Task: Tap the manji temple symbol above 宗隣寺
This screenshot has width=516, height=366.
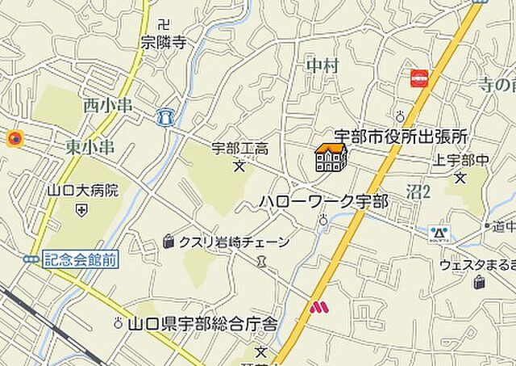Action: (x=164, y=25)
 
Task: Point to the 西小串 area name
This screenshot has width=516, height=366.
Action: (x=107, y=105)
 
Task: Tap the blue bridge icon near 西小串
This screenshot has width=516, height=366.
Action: (x=166, y=117)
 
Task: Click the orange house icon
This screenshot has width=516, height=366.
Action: (x=331, y=158)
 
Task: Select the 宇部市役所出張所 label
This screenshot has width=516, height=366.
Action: (x=402, y=138)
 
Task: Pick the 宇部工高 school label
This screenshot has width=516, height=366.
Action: (x=239, y=149)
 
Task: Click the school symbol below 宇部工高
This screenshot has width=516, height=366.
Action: (x=239, y=167)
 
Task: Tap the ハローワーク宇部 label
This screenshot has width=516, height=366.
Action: (x=323, y=201)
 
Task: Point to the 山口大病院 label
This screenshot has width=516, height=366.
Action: (x=82, y=191)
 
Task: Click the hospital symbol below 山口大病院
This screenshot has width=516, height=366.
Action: (x=82, y=210)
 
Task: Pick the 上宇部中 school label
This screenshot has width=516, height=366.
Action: (x=461, y=159)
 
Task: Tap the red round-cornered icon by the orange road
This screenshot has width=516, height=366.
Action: (x=420, y=78)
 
